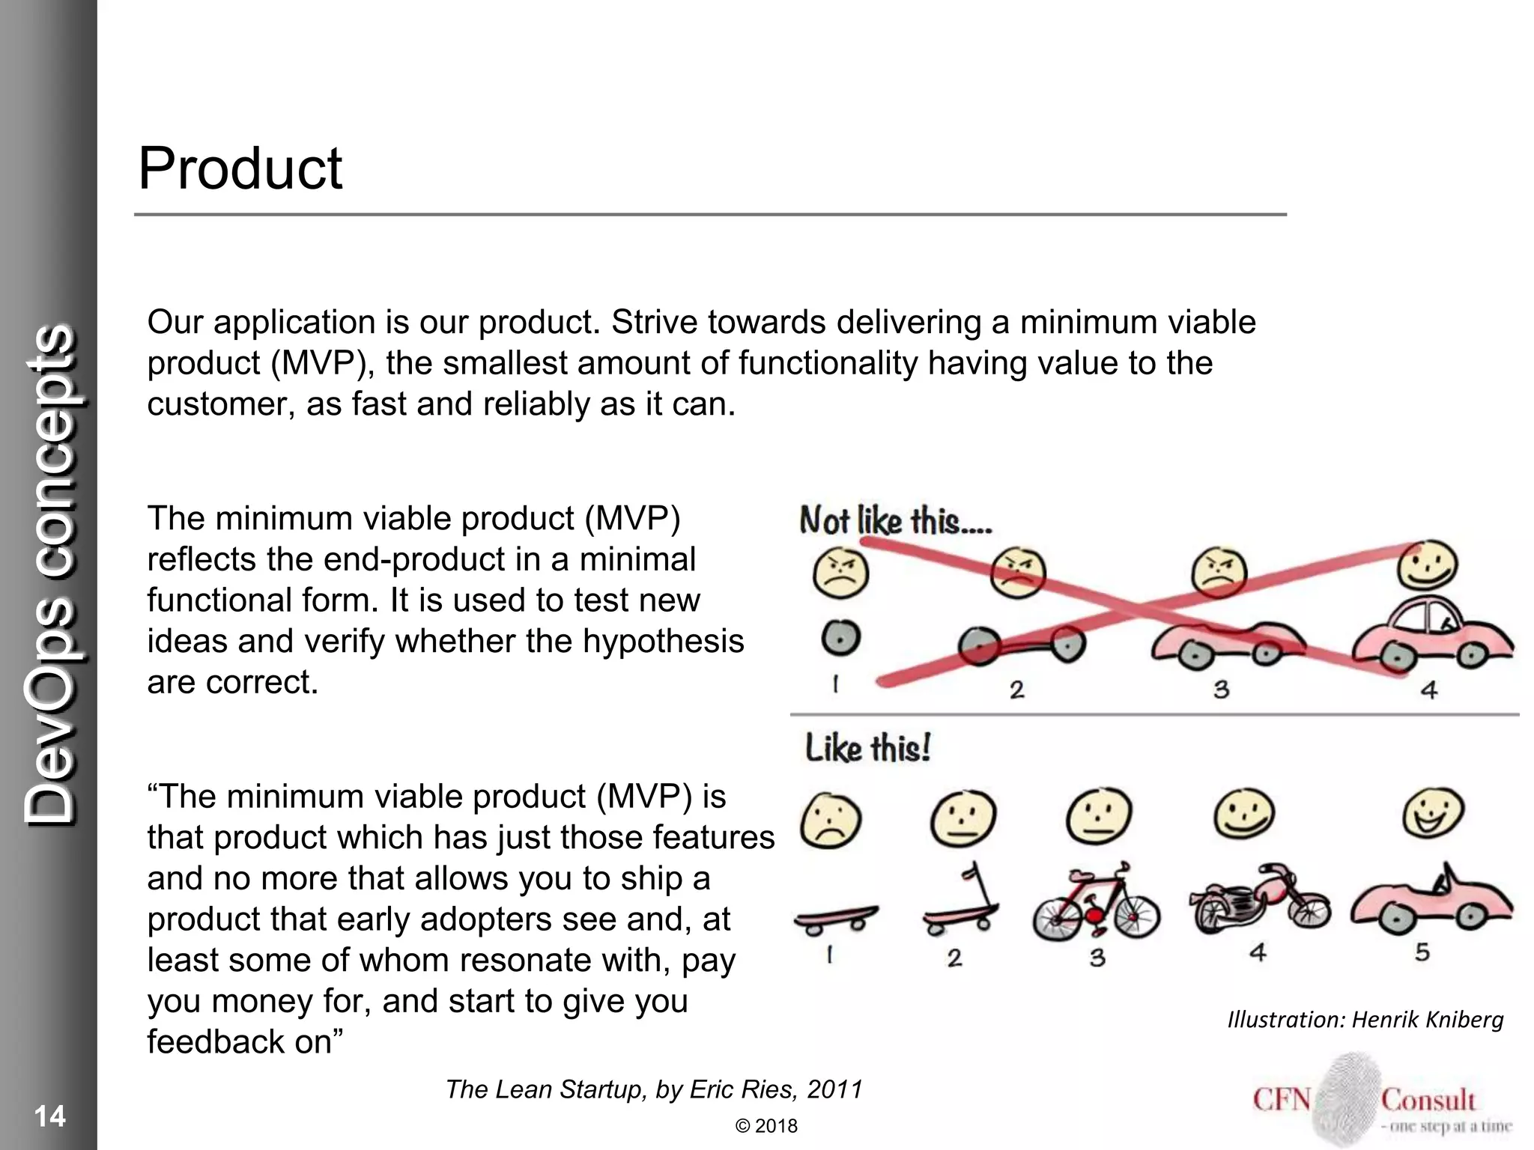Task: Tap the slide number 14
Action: coord(50,1116)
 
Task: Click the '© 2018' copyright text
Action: coord(766,1126)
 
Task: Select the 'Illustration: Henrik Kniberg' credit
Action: coord(1365,1019)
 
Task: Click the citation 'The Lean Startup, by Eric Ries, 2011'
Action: coord(654,1089)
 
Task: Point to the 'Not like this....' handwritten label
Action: coord(895,520)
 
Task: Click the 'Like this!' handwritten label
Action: coord(867,748)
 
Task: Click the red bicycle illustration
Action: coord(1096,904)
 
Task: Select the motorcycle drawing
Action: coord(1258,900)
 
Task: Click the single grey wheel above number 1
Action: coord(840,639)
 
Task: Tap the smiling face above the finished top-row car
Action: coord(1428,565)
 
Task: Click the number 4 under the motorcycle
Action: coord(1258,952)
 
